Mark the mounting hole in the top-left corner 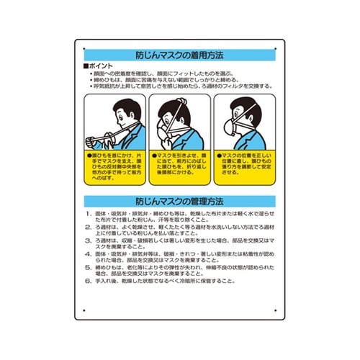click(84, 48)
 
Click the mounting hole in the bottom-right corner click(276, 311)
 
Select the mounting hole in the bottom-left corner click(84, 311)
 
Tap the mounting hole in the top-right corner click(276, 48)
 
